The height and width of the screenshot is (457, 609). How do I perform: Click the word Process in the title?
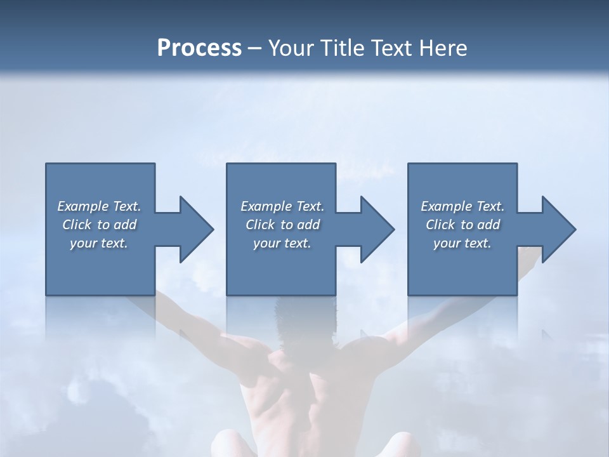[199, 48]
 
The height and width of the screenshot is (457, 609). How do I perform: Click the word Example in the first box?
[82, 206]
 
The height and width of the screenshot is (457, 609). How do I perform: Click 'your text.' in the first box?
[99, 243]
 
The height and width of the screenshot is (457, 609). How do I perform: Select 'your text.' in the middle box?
[282, 243]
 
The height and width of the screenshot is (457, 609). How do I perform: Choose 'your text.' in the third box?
[462, 243]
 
